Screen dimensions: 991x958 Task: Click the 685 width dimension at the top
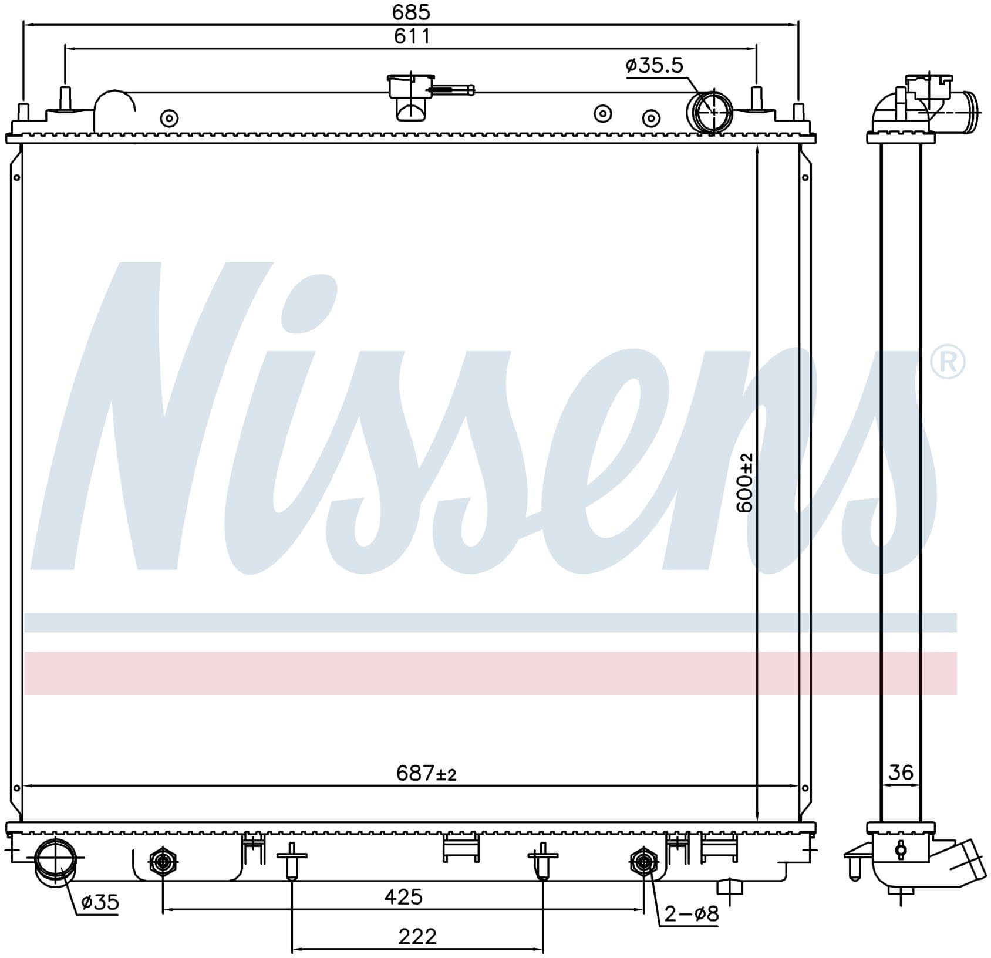[x=412, y=12]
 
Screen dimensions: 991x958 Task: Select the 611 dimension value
[x=412, y=36]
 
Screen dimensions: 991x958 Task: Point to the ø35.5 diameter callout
[x=655, y=65]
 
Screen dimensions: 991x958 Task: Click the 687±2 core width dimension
[x=426, y=773]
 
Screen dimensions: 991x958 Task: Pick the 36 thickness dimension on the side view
[x=901, y=772]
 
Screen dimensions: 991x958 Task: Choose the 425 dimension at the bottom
[x=403, y=896]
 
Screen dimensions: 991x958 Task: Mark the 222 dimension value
[x=417, y=936]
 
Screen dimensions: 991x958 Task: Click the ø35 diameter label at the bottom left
[x=100, y=902]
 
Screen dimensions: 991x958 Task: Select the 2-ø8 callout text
[x=691, y=913]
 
